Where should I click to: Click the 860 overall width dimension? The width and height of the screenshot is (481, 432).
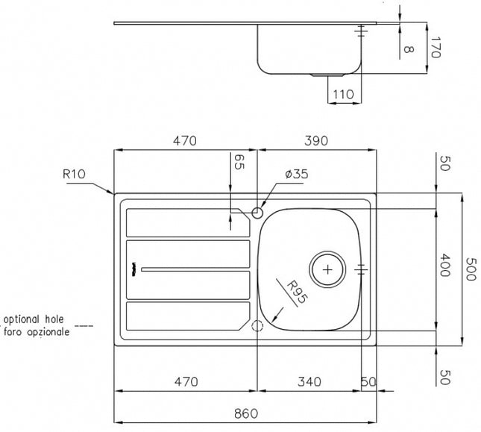[x=246, y=413]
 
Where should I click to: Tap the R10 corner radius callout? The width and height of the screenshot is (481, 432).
[x=74, y=174]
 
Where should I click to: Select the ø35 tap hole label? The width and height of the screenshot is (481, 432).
[x=296, y=174]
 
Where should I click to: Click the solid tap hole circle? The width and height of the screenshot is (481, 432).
[x=257, y=213]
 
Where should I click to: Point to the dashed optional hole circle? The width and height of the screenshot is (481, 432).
[x=257, y=325]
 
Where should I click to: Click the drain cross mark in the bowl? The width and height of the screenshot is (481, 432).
[x=327, y=269]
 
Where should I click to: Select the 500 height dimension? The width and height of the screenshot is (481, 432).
[x=471, y=269]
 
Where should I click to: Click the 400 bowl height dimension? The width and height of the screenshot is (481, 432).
[x=444, y=265]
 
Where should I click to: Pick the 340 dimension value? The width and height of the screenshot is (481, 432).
[x=309, y=382]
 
